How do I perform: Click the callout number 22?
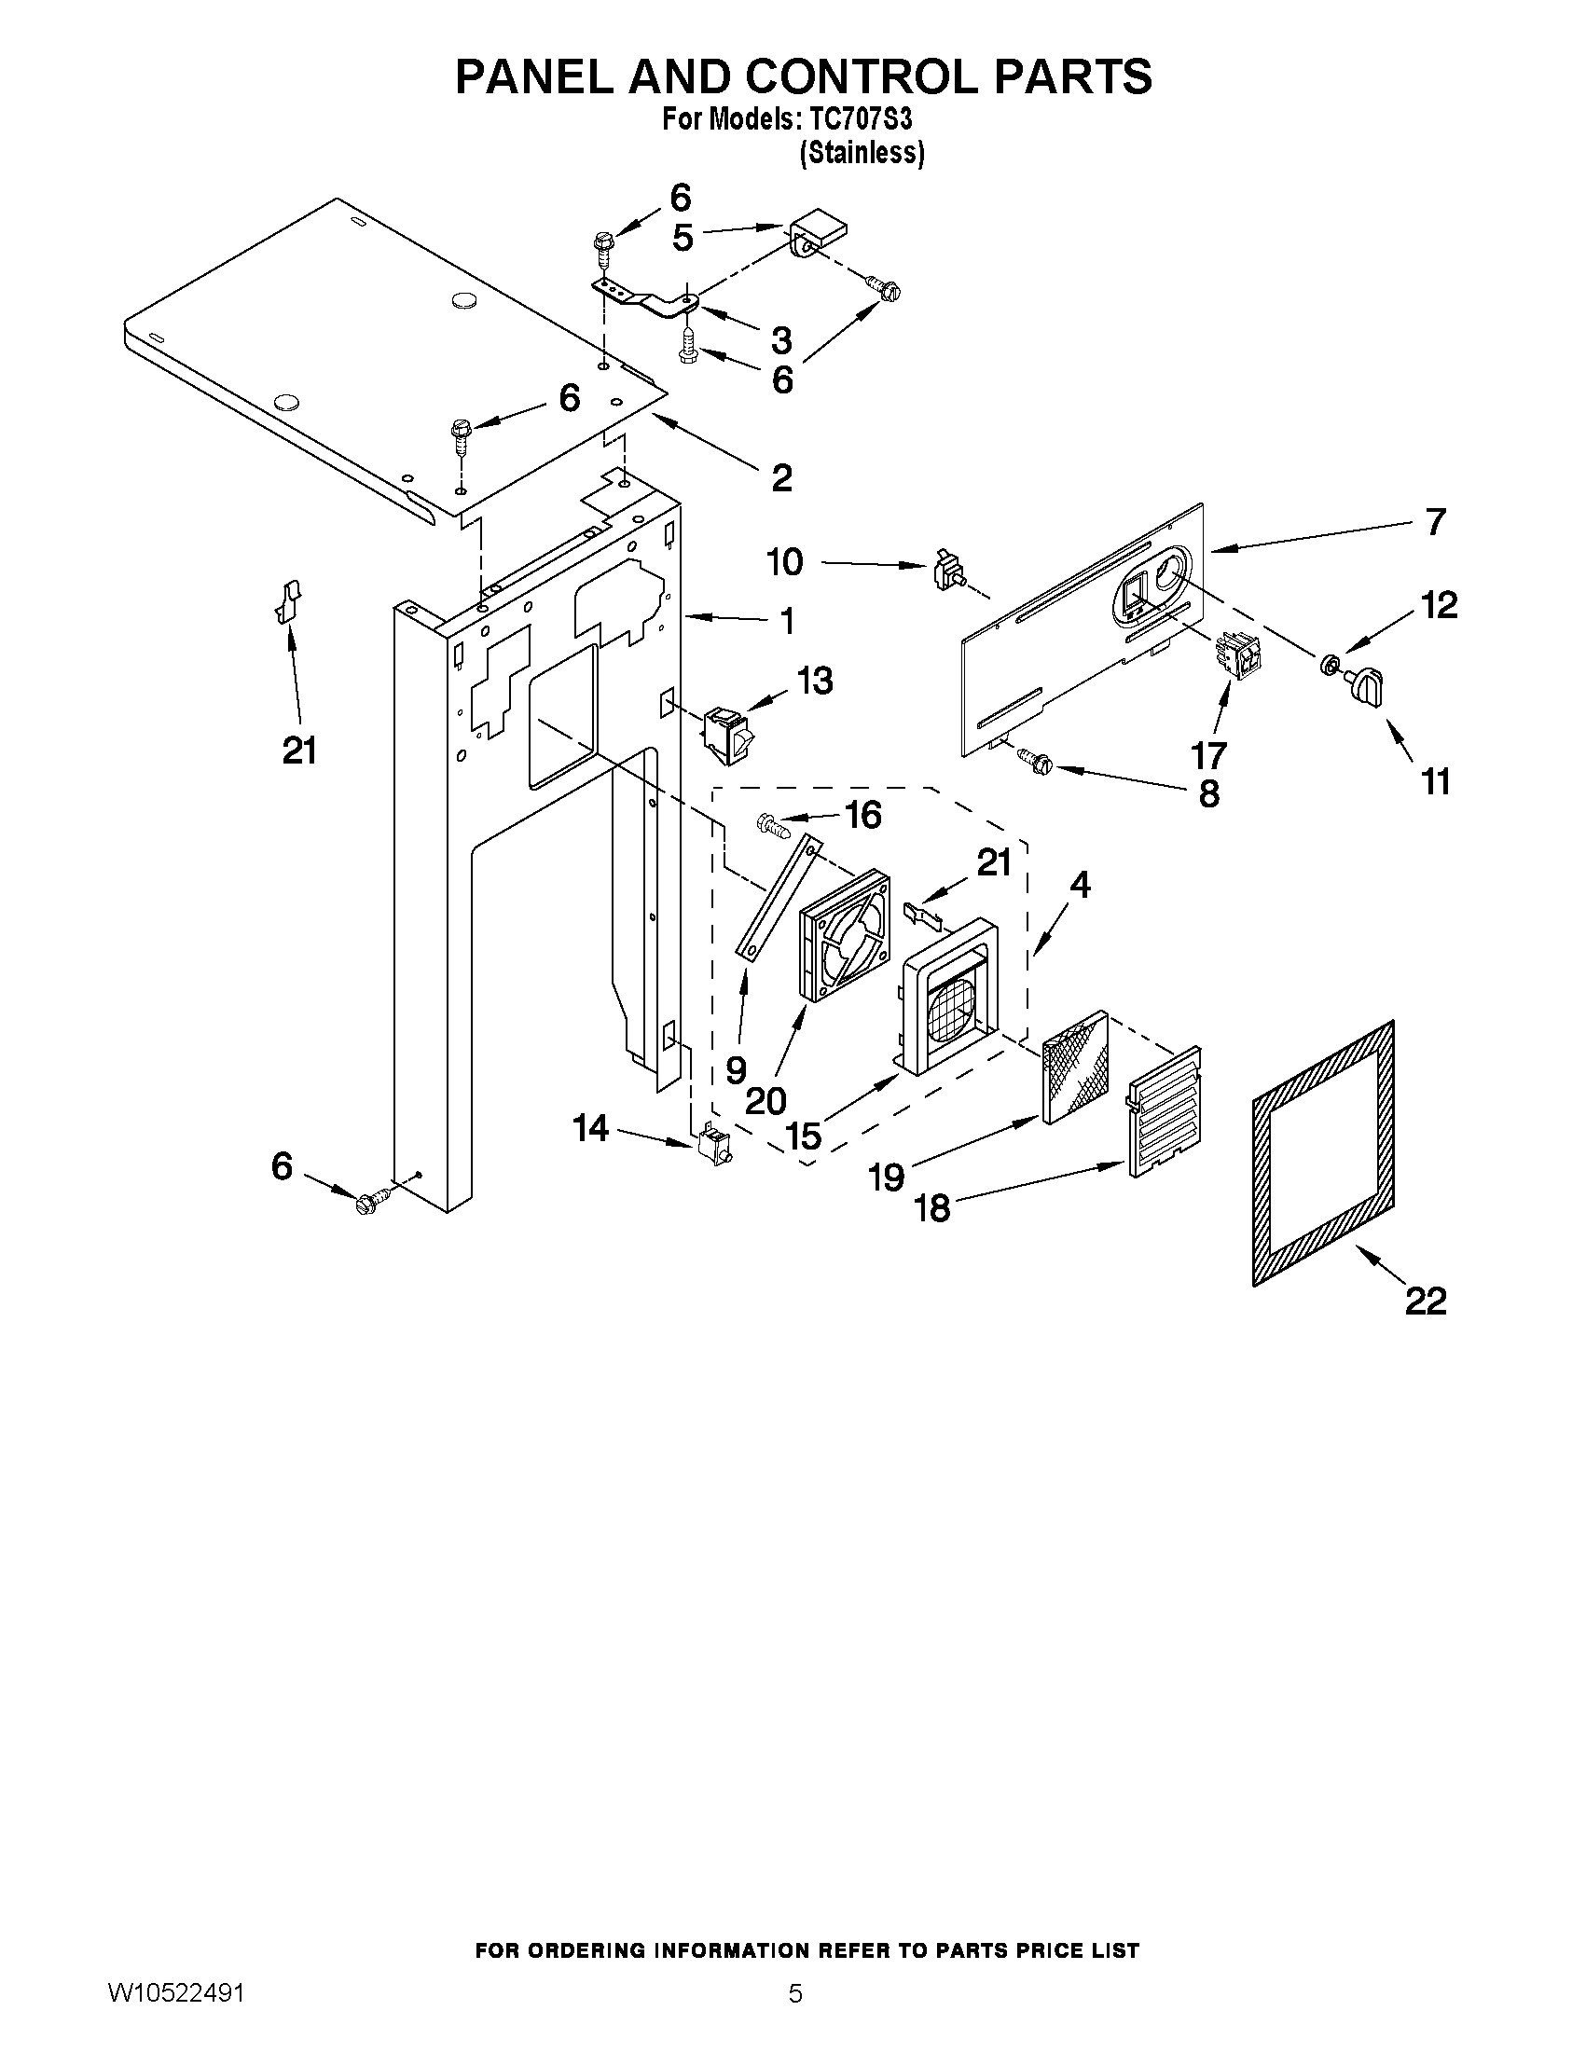point(1425,1301)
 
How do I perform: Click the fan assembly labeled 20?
point(843,934)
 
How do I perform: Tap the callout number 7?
point(1434,522)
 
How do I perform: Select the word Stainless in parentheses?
point(862,153)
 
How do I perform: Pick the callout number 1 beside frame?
point(787,620)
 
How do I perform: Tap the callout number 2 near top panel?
point(780,477)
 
